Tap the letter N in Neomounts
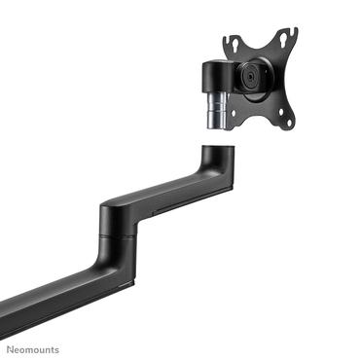click(x=15, y=347)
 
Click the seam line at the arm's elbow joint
click(x=117, y=234)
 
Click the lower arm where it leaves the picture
click(x=4, y=307)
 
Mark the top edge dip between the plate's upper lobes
click(x=259, y=43)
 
